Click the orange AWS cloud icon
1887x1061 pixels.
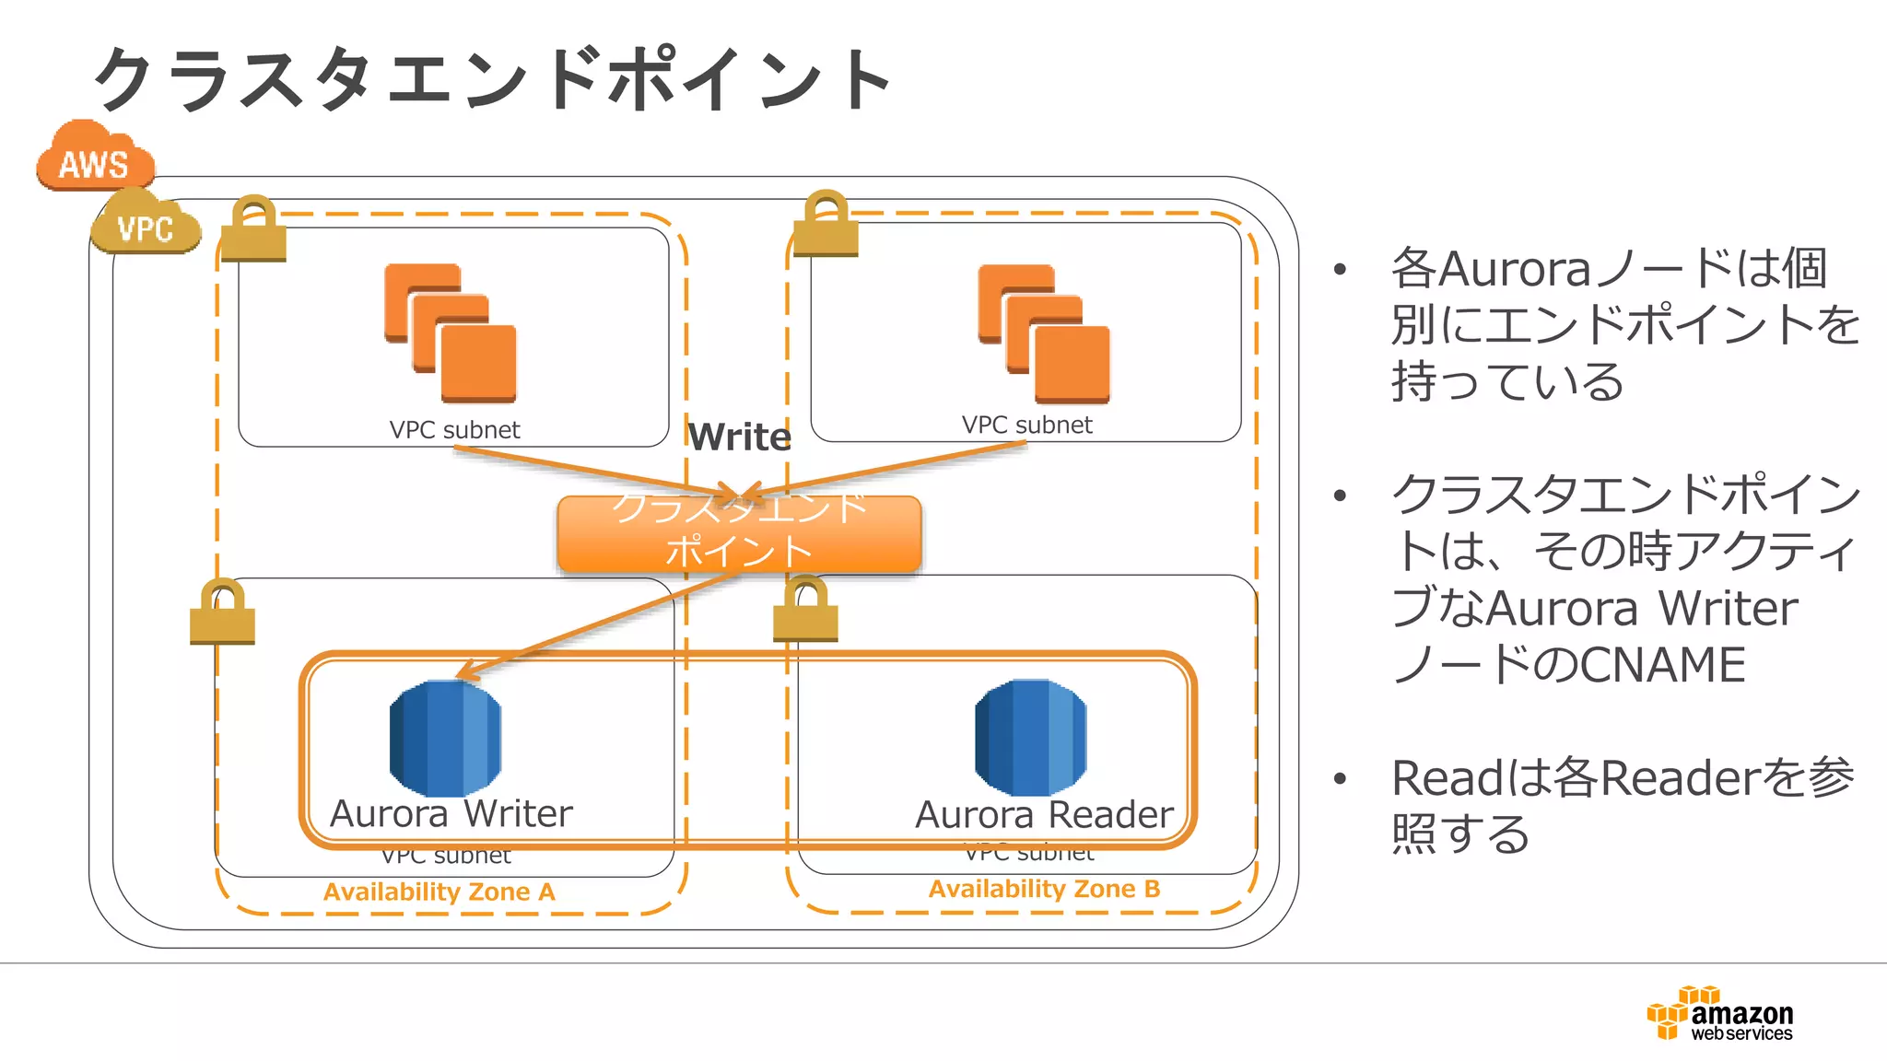94,158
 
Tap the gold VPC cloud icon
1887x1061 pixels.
146,224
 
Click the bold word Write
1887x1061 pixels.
739,437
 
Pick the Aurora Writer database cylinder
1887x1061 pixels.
445,738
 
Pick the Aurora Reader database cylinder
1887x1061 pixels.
1030,738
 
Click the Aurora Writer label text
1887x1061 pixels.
451,814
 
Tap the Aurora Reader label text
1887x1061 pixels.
1044,815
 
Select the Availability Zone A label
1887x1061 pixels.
439,892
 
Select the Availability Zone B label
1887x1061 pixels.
1044,889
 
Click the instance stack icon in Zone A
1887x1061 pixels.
451,332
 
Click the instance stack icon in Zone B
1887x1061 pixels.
1044,332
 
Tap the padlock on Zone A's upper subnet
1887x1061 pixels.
253,229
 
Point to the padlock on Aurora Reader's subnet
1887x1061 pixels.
805,610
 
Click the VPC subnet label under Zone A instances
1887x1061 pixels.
454,430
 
